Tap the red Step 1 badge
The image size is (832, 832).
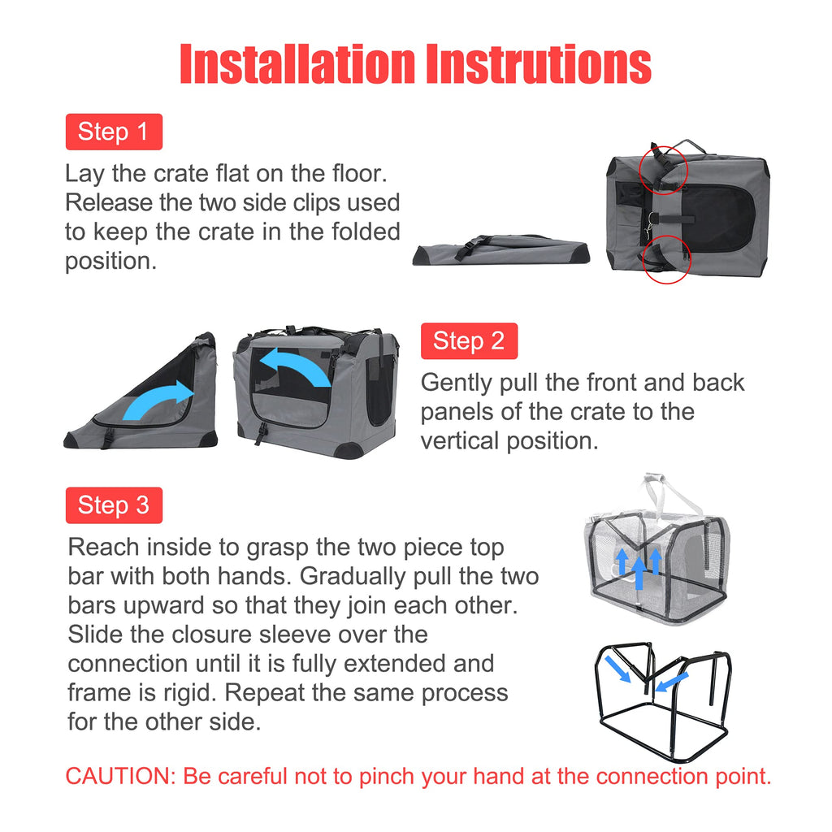(x=114, y=132)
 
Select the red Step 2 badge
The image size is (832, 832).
(x=469, y=341)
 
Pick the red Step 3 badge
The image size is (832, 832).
(x=114, y=505)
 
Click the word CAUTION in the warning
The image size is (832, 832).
(x=120, y=776)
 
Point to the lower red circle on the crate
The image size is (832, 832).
(x=643, y=260)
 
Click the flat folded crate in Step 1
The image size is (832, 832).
(x=501, y=249)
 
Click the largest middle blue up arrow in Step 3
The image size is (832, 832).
(x=639, y=572)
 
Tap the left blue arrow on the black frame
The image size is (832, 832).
(x=617, y=669)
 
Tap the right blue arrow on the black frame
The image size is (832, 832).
(x=672, y=682)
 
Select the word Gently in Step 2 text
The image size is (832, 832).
(x=457, y=383)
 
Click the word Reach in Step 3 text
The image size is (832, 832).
(x=103, y=547)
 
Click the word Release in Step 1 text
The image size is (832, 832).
(x=107, y=202)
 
